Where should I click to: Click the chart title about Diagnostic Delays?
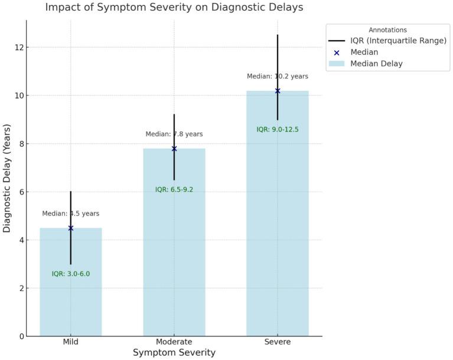coord(174,8)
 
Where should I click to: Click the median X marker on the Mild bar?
coord(71,228)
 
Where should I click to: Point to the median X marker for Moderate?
coord(174,149)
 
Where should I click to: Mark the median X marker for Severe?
coord(278,91)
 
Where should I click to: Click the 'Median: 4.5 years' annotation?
coord(71,214)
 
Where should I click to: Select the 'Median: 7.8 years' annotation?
coord(174,135)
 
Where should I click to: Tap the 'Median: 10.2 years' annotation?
coord(278,76)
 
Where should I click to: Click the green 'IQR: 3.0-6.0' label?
coord(71,274)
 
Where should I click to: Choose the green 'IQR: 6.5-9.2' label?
coord(174,189)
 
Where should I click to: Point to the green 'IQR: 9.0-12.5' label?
coord(278,129)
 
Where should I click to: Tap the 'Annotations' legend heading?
coord(387,30)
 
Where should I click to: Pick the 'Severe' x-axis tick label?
coord(278,342)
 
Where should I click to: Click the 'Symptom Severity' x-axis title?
coord(174,353)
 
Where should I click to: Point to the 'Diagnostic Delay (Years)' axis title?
coord(7,178)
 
